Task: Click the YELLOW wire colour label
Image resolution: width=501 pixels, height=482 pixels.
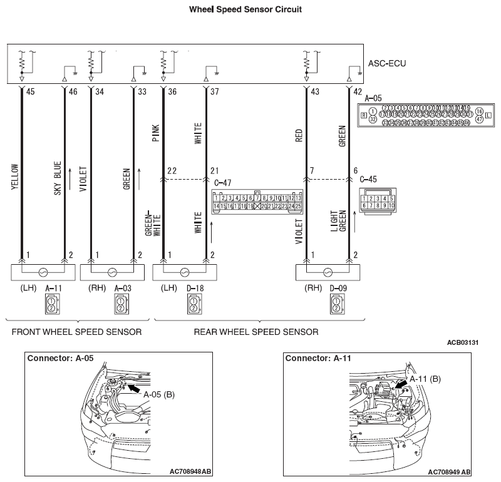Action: click(x=14, y=179)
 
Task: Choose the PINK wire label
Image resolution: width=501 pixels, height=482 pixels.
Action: click(x=155, y=132)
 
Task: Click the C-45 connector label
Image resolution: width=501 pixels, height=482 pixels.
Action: click(x=368, y=179)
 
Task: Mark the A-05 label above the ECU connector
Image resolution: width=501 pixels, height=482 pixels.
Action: click(x=373, y=98)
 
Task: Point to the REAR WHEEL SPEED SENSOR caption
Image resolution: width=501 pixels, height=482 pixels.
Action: click(x=256, y=331)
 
